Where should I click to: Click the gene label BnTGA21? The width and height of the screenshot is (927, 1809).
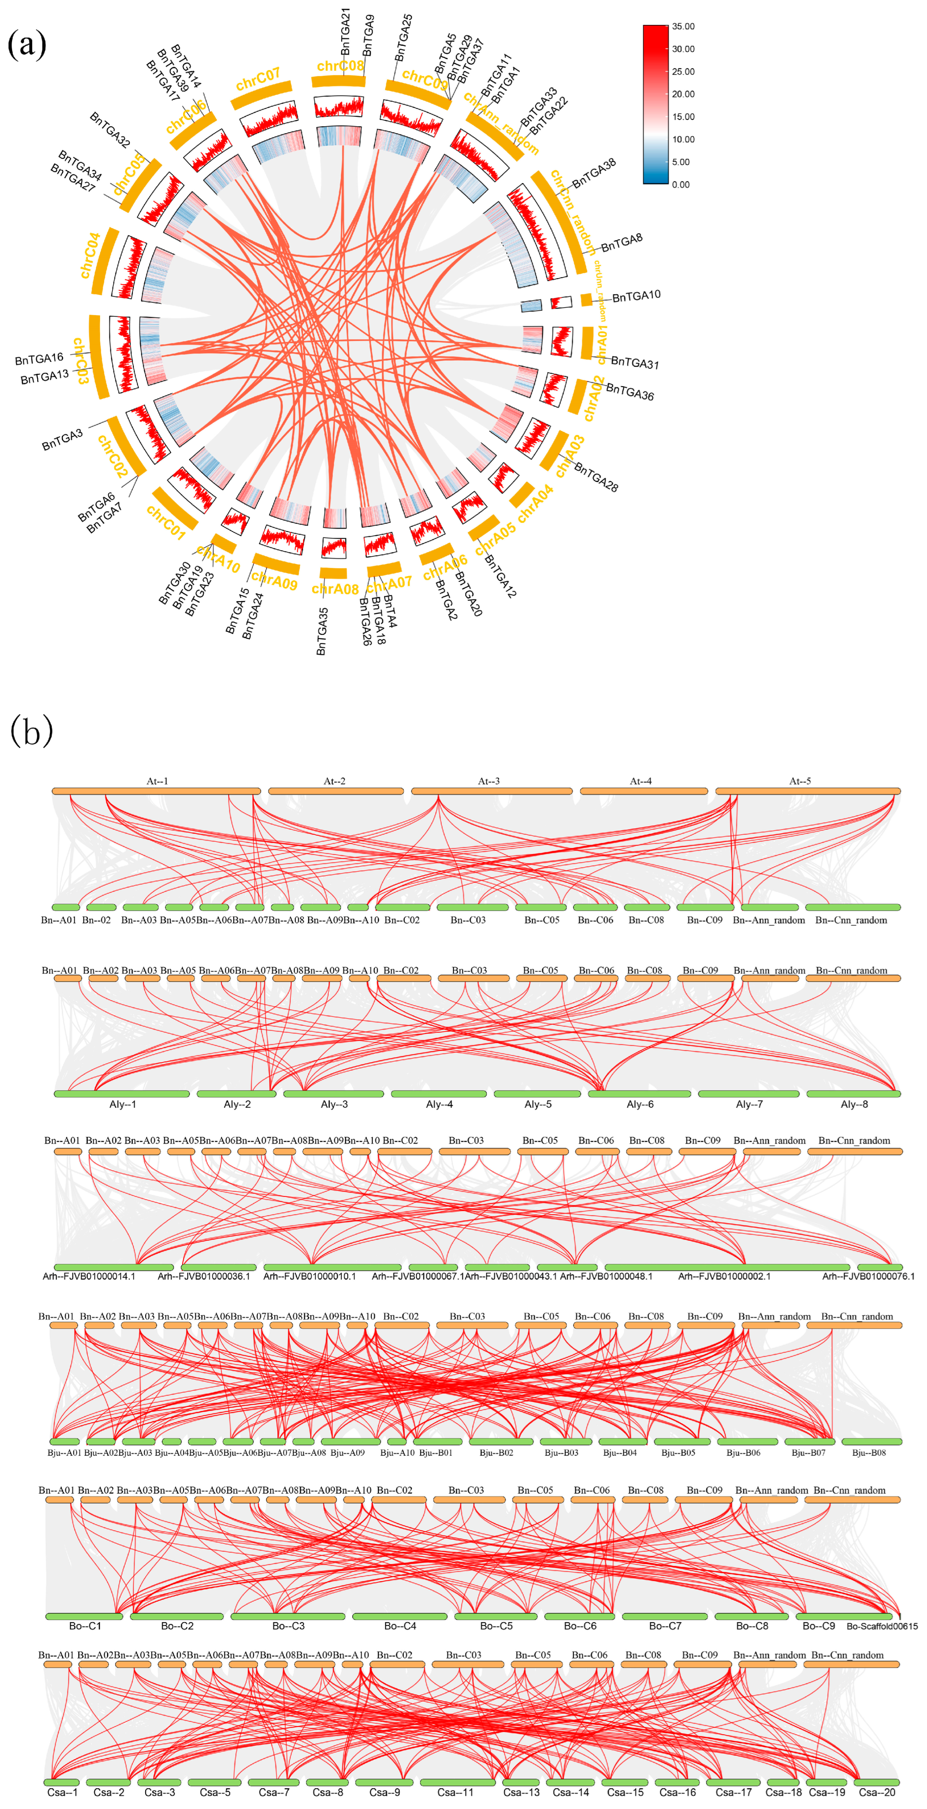(x=346, y=31)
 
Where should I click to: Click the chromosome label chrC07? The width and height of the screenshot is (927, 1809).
(x=258, y=79)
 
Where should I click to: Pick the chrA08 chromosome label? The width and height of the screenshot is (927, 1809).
(x=335, y=588)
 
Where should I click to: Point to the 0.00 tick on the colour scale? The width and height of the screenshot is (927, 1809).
(x=680, y=185)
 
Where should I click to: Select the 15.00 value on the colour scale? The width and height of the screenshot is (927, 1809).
(x=683, y=117)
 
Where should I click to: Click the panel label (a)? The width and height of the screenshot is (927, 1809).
(x=27, y=45)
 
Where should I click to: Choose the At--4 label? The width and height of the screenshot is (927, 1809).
(x=640, y=781)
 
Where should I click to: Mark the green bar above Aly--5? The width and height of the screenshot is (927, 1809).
(x=537, y=1093)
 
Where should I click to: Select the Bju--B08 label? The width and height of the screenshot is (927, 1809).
(x=869, y=1452)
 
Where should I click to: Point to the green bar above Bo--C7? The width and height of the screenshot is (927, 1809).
(x=664, y=1616)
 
